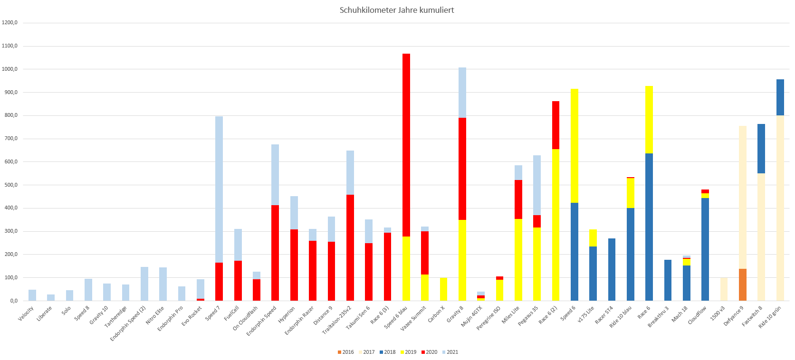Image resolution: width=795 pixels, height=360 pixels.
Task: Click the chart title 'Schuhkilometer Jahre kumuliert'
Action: [x=396, y=10]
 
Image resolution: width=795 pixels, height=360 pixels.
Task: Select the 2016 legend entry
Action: [x=345, y=352]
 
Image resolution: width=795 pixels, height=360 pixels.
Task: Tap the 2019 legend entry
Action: [x=408, y=352]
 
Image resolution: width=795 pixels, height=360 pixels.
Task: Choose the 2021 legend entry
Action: [x=450, y=352]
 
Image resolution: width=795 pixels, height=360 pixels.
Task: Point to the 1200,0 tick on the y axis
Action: [x=10, y=23]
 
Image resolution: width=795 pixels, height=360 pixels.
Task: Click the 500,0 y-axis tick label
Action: [x=10, y=185]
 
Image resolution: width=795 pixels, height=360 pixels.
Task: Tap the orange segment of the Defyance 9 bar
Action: [x=743, y=284]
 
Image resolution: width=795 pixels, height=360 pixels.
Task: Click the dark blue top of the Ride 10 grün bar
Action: [x=780, y=97]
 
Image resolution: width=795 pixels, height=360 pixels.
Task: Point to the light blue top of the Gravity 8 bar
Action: [x=462, y=93]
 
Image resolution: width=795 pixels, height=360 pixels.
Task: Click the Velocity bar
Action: [x=32, y=295]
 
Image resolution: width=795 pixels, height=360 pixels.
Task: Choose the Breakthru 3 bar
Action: [x=668, y=280]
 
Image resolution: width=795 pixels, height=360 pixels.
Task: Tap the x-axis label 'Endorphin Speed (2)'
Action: [x=128, y=323]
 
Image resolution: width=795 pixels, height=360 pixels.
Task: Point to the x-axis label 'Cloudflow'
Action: [x=697, y=315]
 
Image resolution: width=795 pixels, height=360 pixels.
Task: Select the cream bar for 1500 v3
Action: [x=724, y=289]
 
